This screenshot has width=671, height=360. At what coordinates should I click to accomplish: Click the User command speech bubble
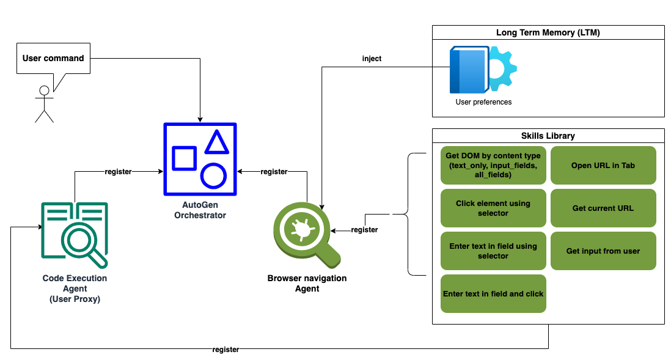53,59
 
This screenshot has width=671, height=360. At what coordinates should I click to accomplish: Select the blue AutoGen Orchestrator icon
200,159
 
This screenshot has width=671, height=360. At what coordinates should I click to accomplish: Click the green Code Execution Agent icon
75,235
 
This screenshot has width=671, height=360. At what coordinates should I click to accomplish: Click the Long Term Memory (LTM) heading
548,32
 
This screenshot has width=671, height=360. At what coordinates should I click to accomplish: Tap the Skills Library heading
548,136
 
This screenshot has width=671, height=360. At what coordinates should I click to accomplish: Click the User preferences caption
483,102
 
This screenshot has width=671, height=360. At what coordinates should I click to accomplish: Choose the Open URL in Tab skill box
603,166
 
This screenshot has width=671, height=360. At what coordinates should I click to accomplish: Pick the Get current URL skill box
603,208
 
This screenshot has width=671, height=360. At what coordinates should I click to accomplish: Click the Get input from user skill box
603,251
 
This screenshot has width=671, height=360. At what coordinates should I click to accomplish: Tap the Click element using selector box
493,208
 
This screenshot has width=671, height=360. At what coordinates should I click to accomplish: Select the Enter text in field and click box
493,293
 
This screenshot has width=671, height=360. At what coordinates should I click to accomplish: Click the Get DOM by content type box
493,166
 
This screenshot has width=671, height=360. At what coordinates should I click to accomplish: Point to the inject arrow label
372,59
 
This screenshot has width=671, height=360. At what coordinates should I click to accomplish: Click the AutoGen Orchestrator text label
200,210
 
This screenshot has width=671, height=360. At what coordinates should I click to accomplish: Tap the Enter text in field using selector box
493,251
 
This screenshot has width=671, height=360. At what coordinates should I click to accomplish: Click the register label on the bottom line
226,350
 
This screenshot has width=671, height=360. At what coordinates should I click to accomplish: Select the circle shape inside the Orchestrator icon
213,175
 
